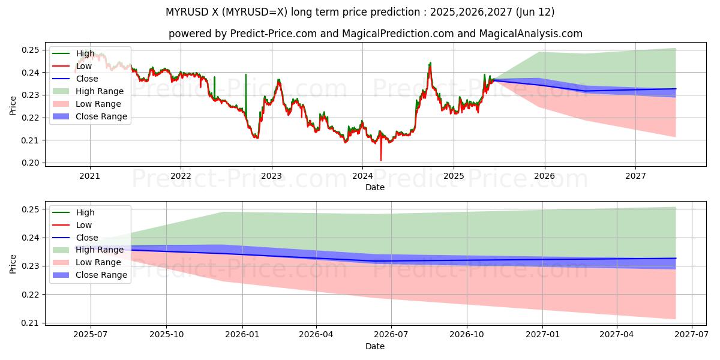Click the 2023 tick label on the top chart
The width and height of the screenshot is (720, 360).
point(271,176)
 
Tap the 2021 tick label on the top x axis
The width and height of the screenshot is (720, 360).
point(90,176)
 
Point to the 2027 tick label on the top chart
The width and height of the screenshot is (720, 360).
point(635,176)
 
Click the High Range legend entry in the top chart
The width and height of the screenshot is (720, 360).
point(99,91)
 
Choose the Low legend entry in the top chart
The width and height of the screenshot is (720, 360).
point(84,66)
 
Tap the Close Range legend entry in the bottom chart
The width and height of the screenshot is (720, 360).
point(101,275)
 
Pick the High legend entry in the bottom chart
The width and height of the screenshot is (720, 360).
point(85,212)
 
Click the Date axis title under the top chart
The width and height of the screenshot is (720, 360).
point(375,187)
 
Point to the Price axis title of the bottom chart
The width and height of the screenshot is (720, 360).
point(13,263)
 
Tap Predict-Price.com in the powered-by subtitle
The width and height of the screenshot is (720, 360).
point(274,34)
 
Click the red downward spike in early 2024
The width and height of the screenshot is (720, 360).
point(380,157)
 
